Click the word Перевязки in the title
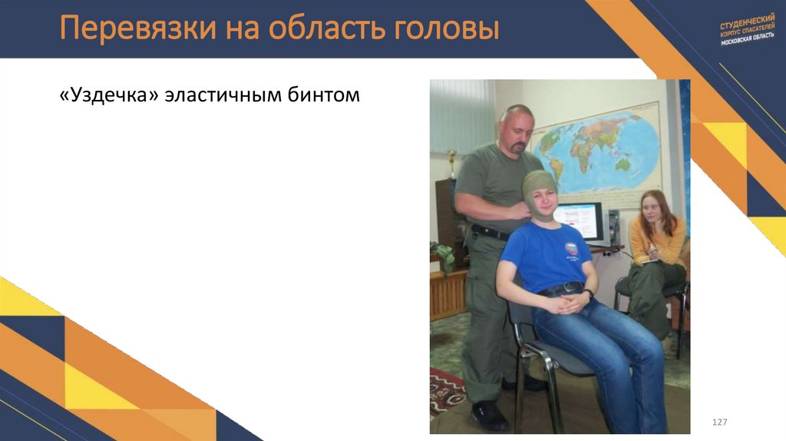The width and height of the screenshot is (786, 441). point(136,30)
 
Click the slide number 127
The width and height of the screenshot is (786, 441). point(719,423)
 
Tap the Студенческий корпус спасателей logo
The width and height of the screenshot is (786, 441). point(747,30)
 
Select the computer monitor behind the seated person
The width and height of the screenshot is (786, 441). point(580,220)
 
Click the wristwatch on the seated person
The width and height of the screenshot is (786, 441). point(588,294)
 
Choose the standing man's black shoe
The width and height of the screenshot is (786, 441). point(488,415)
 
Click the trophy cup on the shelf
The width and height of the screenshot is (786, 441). point(452,162)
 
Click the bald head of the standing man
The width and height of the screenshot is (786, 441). point(515,115)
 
